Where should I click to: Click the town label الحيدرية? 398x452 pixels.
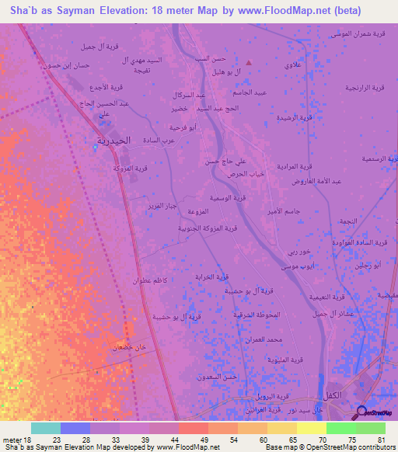click(x=113, y=140)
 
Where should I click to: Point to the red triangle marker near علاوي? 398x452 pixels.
click(x=249, y=62)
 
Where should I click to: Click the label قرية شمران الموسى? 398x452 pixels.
click(x=358, y=33)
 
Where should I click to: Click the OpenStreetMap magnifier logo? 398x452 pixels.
click(x=362, y=413)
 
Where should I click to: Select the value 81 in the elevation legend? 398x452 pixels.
click(x=381, y=440)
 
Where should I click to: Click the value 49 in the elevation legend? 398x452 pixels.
click(x=204, y=440)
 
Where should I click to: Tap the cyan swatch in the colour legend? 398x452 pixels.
click(x=45, y=428)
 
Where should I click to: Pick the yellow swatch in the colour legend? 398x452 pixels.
click(x=311, y=428)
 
